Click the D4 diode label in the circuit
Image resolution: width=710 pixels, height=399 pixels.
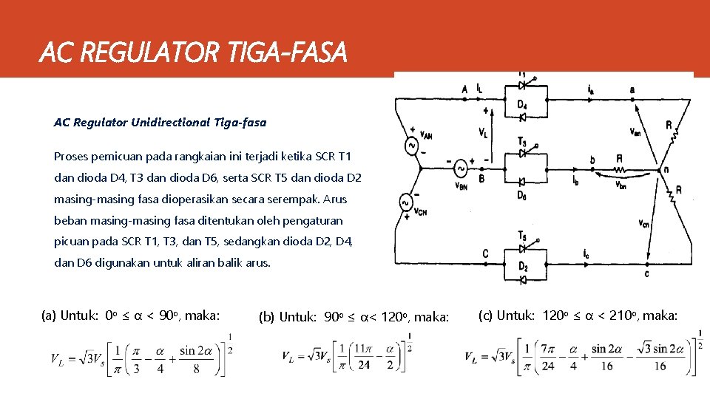[x=522, y=105]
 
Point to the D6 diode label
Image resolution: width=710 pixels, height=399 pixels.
[x=522, y=195]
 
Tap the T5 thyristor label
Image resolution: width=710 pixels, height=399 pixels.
[x=522, y=236]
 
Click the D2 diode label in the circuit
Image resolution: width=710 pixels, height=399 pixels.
[x=523, y=267]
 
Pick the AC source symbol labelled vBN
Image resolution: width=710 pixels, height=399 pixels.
[x=459, y=168]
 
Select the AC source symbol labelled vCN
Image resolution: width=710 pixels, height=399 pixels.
[x=405, y=202]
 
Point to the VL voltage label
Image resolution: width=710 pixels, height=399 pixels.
[x=482, y=133]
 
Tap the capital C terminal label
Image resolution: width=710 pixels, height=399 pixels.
[x=485, y=254]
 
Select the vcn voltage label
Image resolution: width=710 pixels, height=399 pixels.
[x=643, y=222]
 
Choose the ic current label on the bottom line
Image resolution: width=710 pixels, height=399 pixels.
[x=586, y=255]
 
